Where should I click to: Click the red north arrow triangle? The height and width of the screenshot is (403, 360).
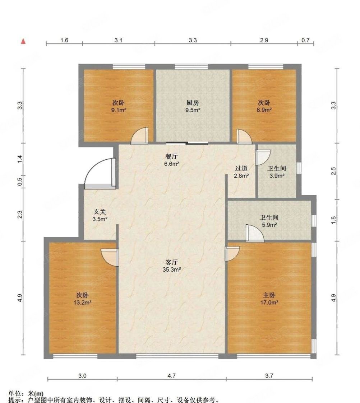pyautogui.click(x=23, y=41)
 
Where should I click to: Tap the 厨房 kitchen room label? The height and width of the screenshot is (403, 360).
pyautogui.click(x=193, y=103)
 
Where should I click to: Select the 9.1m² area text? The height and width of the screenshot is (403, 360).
pyautogui.click(x=119, y=110)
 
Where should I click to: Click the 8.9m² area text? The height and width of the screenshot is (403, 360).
pyautogui.click(x=264, y=110)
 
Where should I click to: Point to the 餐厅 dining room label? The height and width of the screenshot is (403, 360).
pyautogui.click(x=171, y=156)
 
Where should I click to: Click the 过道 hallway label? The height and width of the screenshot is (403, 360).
pyautogui.click(x=241, y=168)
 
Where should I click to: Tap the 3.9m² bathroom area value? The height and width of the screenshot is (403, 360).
pyautogui.click(x=277, y=176)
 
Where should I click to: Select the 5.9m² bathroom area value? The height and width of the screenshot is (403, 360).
pyautogui.click(x=269, y=225)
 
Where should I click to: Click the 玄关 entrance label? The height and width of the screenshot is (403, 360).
pyautogui.click(x=100, y=212)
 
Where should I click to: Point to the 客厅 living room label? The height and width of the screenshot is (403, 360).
pyautogui.click(x=171, y=262)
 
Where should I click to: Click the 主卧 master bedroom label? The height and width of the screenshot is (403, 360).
pyautogui.click(x=269, y=295)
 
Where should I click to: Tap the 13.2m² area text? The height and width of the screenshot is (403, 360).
pyautogui.click(x=82, y=303)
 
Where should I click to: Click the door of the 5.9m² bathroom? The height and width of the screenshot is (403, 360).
pyautogui.click(x=255, y=233)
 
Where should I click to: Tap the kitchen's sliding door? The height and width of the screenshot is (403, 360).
pyautogui.click(x=187, y=143)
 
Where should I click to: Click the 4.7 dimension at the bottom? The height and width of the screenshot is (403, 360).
pyautogui.click(x=172, y=376)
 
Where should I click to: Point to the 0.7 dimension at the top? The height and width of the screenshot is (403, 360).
pyautogui.click(x=305, y=40)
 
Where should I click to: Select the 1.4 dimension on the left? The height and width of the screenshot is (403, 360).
pyautogui.click(x=20, y=159)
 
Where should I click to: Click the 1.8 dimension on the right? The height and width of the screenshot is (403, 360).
pyautogui.click(x=333, y=220)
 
